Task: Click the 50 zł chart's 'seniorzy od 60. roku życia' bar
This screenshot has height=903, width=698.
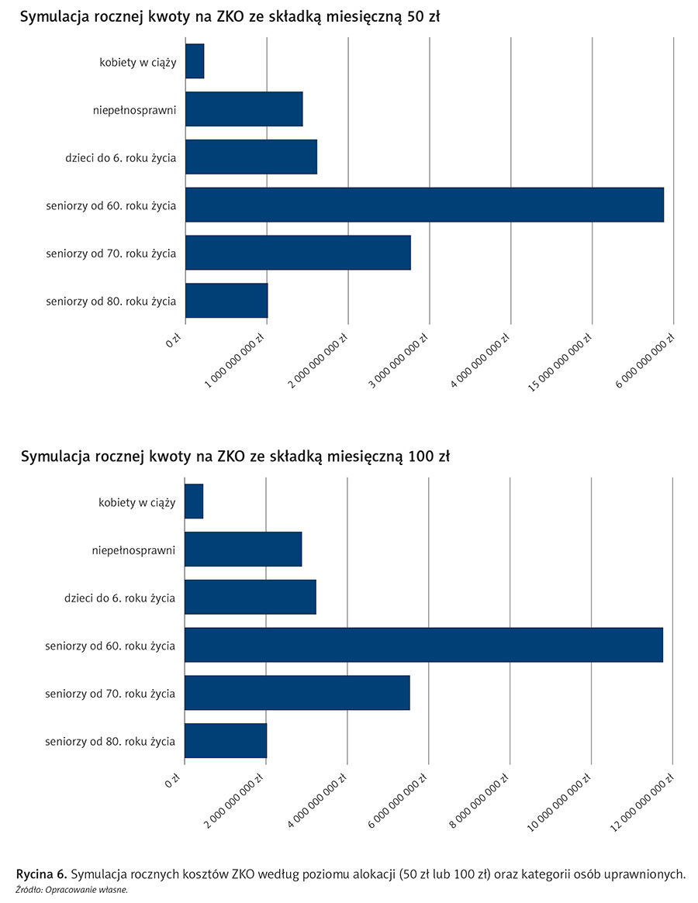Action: pos(424,205)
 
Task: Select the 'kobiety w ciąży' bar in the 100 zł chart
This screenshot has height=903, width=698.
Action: pos(194,501)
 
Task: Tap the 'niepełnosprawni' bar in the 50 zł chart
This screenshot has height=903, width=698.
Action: pos(244,109)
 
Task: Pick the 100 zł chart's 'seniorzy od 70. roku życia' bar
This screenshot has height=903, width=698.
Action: pos(297,693)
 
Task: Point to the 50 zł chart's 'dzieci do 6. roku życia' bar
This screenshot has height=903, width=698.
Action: pos(251,157)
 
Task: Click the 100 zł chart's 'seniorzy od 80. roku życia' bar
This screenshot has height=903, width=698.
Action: pos(226,741)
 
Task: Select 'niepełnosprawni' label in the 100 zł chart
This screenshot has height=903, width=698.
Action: pos(133,550)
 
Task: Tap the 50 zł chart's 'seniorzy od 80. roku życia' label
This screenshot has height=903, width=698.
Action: pos(111,301)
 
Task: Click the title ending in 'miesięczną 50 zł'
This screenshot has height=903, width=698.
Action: pos(230,17)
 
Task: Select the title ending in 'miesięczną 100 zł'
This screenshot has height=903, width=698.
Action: pos(235,457)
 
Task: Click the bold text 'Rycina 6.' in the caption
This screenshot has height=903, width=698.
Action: pos(40,875)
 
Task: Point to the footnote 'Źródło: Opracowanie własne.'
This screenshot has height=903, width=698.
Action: pos(71,890)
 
